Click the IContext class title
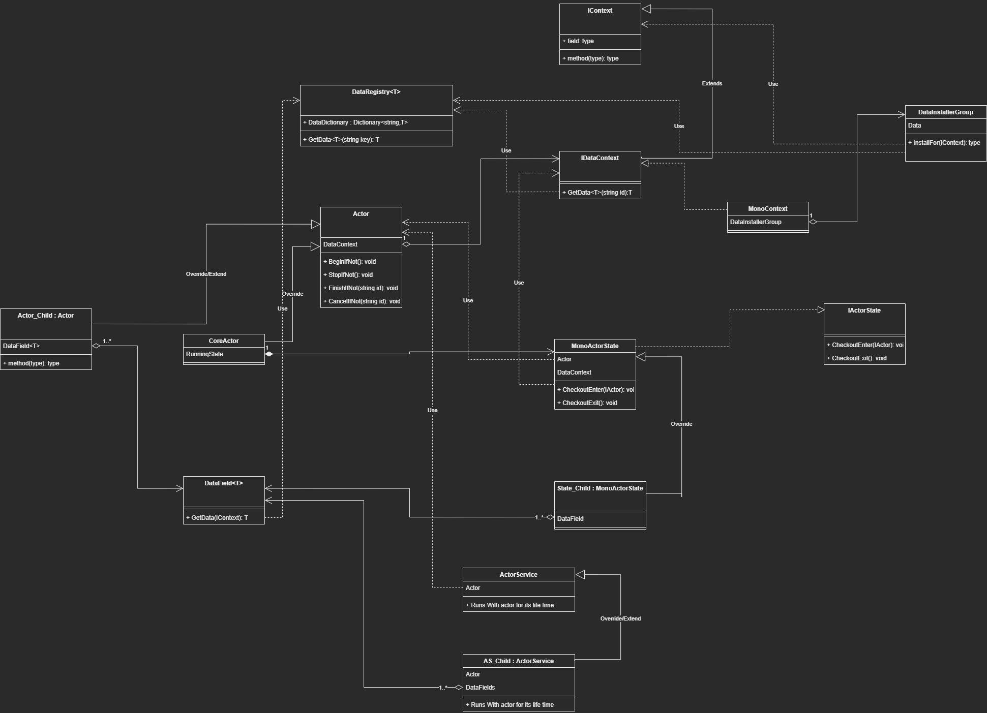(600, 11)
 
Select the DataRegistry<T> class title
(376, 92)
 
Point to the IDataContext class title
(600, 158)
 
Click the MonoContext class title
(767, 209)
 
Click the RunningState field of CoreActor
(204, 354)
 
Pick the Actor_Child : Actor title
(46, 316)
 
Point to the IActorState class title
(864, 311)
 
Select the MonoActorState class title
(594, 346)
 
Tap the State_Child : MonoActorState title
(600, 488)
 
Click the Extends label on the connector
(712, 83)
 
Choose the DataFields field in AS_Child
(480, 688)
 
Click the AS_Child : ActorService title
(518, 661)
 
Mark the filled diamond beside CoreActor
(269, 354)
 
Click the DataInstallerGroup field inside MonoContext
(756, 222)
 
